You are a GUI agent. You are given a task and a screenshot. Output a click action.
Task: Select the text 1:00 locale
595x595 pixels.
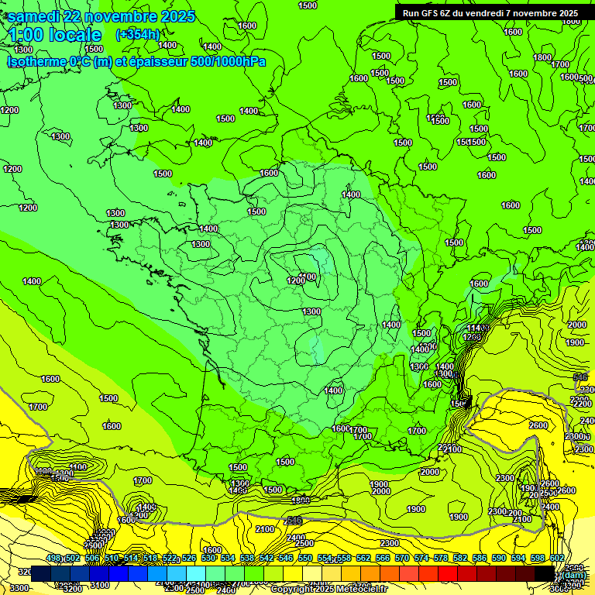click(x=55, y=35)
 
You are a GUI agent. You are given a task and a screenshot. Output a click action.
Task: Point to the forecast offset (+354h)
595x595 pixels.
click(x=137, y=35)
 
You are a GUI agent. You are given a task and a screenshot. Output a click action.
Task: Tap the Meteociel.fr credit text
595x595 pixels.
click(x=362, y=590)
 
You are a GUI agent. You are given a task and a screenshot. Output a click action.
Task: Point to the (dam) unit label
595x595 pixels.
click(x=574, y=574)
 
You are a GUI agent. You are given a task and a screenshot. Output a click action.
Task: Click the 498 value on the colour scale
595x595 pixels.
click(x=53, y=559)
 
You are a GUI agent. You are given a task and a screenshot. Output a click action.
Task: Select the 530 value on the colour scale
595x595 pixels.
click(x=208, y=559)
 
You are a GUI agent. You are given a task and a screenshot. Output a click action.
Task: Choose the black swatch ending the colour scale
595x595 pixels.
click(x=545, y=573)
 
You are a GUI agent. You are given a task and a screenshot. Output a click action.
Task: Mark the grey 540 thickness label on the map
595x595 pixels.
click(x=294, y=521)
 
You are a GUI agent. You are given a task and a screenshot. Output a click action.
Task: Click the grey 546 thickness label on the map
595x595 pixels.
click(x=580, y=377)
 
